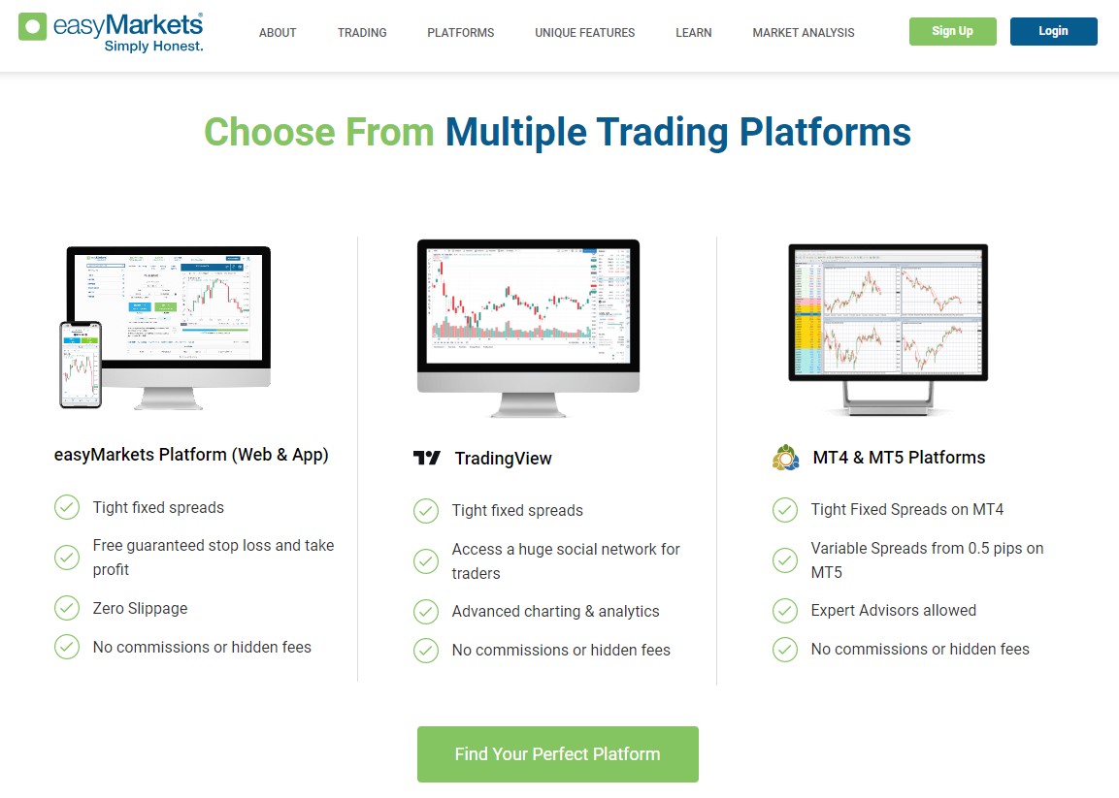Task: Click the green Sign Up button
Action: point(952,31)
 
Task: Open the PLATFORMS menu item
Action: point(460,33)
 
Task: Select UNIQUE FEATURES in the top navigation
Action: point(584,33)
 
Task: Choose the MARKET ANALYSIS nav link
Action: point(803,33)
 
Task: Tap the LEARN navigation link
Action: point(693,33)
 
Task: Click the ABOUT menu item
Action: point(278,33)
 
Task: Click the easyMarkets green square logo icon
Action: point(33,26)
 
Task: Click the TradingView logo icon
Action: point(427,459)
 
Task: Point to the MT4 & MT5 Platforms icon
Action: point(785,458)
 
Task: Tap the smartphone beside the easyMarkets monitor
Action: point(81,365)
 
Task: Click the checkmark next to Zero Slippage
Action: point(67,608)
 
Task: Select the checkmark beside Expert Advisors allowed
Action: point(785,611)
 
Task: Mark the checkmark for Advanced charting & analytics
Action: point(426,612)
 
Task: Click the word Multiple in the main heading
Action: point(515,132)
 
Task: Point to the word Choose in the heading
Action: point(268,132)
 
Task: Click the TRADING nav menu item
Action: point(362,33)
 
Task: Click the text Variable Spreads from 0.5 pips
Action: point(927,549)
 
